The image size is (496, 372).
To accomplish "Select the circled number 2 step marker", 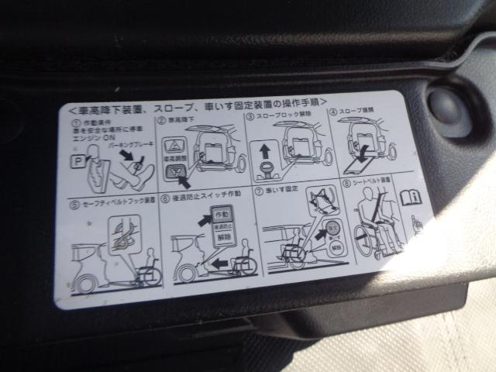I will [161, 121].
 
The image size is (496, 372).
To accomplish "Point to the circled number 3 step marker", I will [250, 117].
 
